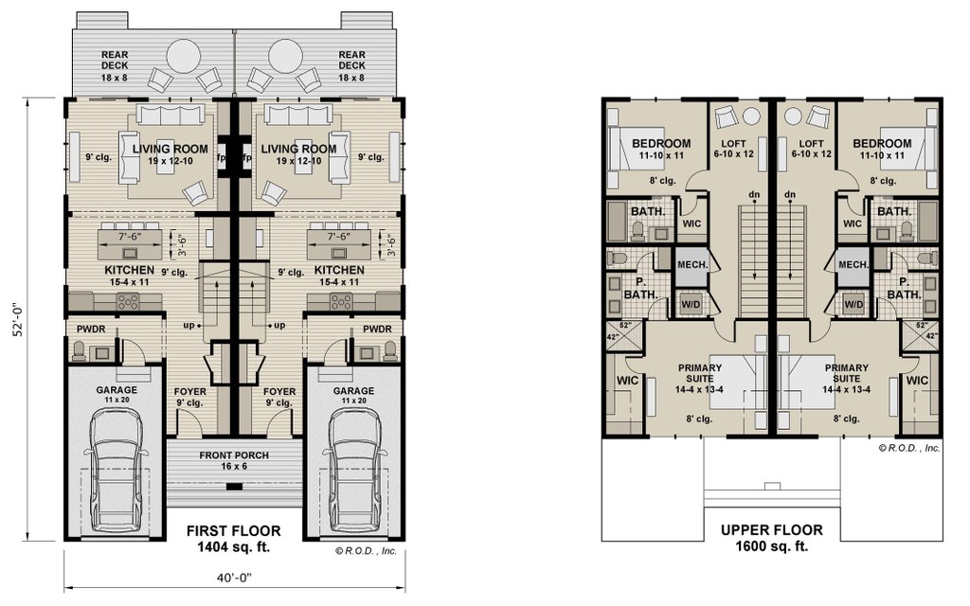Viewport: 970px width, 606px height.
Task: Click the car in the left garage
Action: point(117,472)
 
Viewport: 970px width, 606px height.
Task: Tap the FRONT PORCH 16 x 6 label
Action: point(234,461)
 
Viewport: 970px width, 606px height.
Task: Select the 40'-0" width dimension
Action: point(235,578)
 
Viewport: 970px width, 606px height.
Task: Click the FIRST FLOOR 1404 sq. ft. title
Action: point(234,539)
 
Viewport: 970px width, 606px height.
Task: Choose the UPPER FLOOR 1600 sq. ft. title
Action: point(772,538)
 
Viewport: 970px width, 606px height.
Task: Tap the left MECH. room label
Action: point(692,265)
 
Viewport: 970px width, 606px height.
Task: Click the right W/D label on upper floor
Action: point(853,304)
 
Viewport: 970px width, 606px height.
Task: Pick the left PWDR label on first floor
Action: point(91,329)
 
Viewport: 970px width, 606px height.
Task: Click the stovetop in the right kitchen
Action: point(341,302)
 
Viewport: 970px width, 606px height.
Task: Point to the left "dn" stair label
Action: point(754,195)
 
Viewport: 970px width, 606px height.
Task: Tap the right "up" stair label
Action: point(279,326)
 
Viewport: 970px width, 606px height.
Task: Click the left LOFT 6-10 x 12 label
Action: point(734,149)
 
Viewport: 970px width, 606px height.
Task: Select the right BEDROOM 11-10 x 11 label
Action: point(882,149)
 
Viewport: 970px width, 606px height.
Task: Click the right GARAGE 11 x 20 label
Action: point(353,395)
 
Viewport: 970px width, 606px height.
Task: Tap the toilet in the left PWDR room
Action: point(80,351)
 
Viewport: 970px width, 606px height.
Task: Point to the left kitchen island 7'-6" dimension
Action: point(130,236)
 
